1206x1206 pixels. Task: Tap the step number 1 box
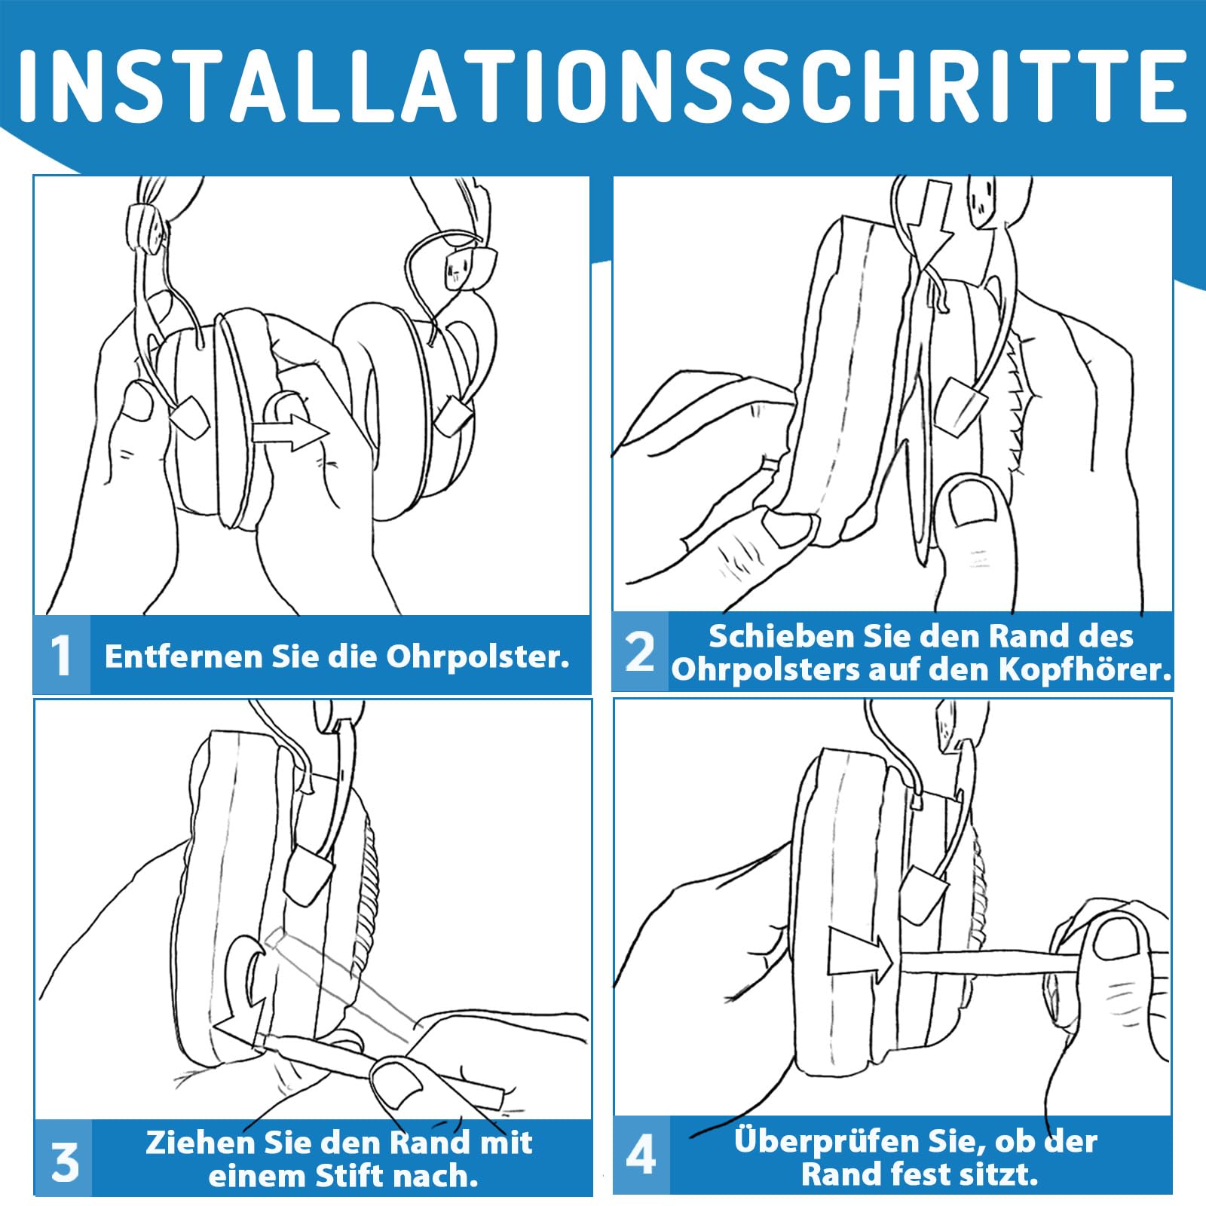[62, 654]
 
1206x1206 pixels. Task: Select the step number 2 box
[640, 651]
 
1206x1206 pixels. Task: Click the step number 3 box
[64, 1157]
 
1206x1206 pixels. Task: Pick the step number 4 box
[641, 1155]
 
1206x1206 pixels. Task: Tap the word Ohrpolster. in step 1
[478, 657]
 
